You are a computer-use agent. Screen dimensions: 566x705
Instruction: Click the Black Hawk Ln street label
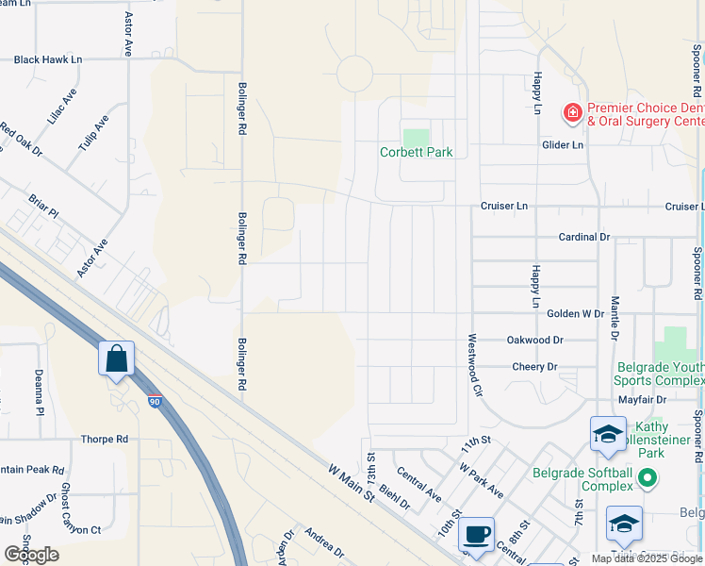48,59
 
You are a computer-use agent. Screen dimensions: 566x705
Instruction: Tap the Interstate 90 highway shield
156,402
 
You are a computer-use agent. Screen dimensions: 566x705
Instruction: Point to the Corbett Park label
416,152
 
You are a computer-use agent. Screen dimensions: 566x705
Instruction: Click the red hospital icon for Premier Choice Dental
572,114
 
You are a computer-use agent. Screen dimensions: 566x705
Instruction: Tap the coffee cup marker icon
476,535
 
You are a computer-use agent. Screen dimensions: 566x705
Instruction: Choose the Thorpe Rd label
104,440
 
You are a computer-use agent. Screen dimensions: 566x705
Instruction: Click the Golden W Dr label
575,313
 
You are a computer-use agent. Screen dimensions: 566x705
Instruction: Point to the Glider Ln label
563,145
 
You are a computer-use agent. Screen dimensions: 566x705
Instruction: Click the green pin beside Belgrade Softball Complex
648,479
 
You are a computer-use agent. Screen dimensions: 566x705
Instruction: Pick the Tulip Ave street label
94,136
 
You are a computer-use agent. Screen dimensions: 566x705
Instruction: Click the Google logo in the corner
31,555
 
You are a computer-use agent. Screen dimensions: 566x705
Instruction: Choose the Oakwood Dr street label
534,340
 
